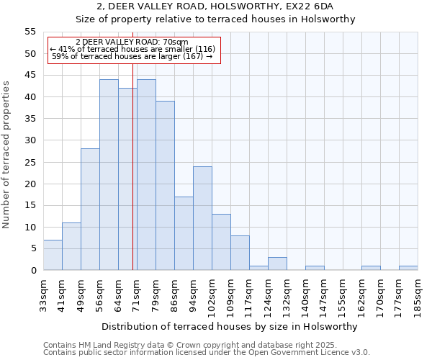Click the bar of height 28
[90, 210]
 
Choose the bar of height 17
[184, 233]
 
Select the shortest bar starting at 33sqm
[53, 255]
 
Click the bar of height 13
[221, 242]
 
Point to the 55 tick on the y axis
[30, 32]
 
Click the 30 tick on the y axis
[30, 140]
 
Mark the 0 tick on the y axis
[33, 271]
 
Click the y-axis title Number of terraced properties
[6, 154]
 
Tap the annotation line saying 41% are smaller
[132, 49]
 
